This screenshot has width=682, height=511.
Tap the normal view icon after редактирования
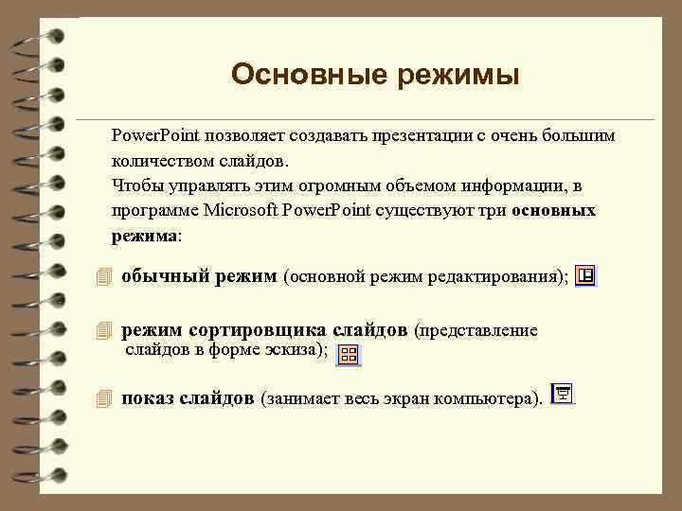pyautogui.click(x=585, y=275)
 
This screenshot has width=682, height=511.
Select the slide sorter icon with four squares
pyautogui.click(x=348, y=355)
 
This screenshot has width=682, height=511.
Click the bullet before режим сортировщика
pyautogui.click(x=104, y=332)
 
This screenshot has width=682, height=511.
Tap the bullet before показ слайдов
pyautogui.click(x=104, y=399)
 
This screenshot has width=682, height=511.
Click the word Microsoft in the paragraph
pyautogui.click(x=237, y=209)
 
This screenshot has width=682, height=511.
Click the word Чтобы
pyautogui.click(x=135, y=185)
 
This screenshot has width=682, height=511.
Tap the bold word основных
pyautogui.click(x=553, y=209)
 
